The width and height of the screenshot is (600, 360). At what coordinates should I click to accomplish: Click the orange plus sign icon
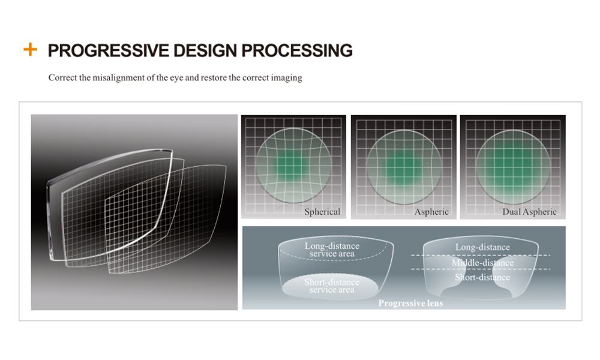30,49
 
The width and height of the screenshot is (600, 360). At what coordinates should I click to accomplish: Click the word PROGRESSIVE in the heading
108,50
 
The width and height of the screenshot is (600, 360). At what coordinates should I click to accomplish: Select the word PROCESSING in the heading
297,50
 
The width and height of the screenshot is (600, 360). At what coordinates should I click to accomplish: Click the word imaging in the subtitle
287,77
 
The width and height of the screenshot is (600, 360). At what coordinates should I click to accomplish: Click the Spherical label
322,212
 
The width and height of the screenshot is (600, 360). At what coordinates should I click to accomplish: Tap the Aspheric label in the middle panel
431,212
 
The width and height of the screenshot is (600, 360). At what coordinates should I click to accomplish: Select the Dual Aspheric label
529,212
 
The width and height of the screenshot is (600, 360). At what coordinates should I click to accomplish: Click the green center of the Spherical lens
292,165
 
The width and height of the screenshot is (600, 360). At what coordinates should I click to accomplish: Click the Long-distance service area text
332,250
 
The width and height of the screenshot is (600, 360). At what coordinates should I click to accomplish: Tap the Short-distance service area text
332,286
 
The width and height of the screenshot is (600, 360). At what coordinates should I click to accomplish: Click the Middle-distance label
482,263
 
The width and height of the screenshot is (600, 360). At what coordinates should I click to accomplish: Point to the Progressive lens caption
410,304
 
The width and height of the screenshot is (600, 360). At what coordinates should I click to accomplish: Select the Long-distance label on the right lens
482,247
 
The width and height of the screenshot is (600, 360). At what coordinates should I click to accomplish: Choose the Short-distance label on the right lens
482,277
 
